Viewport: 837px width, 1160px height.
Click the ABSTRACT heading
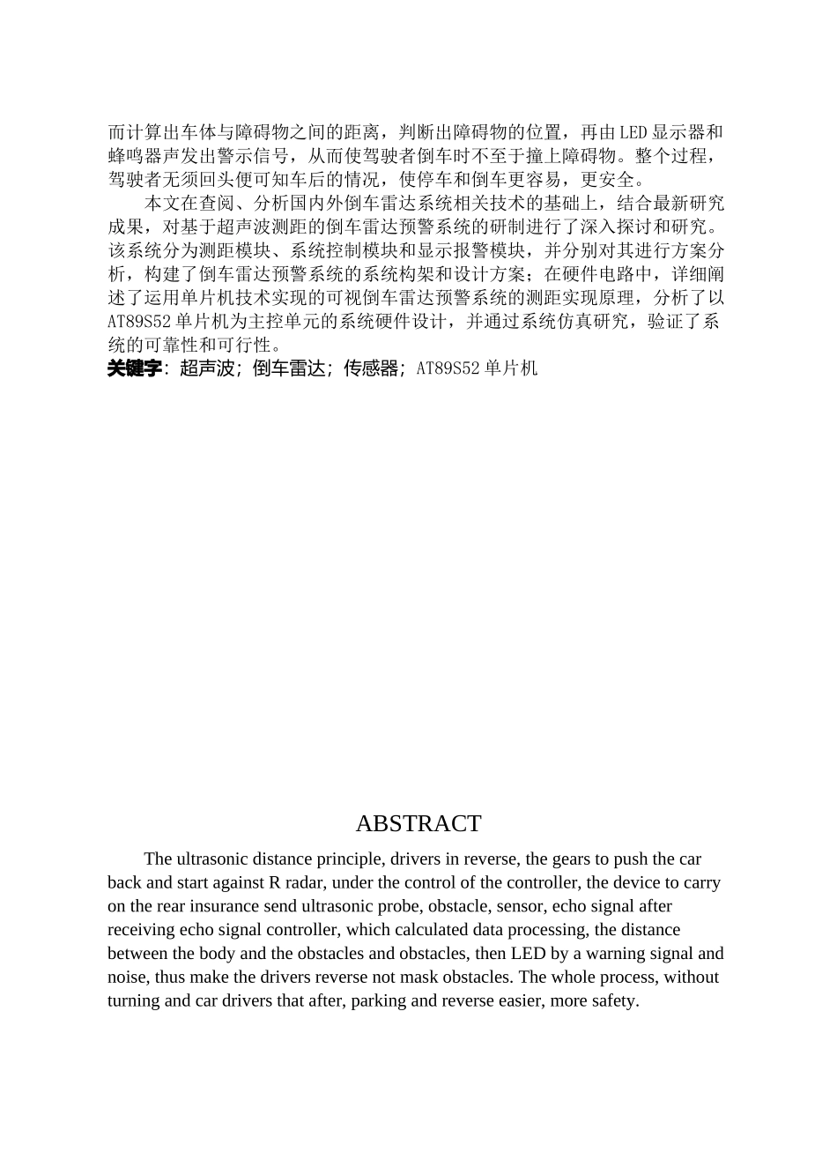pos(418,823)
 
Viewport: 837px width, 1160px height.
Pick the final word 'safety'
pos(612,1001)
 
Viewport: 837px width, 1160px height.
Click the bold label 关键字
pos(135,369)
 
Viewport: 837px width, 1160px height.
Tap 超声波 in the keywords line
pos(207,369)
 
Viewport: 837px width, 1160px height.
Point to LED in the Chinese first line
pos(632,133)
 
